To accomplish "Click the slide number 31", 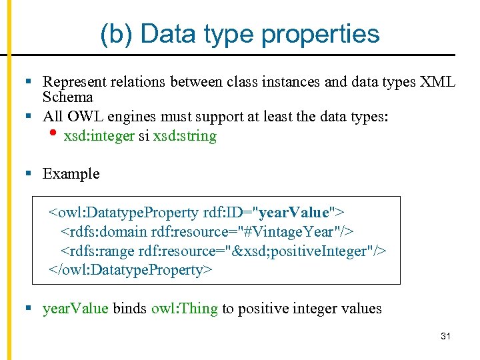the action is click(x=445, y=337).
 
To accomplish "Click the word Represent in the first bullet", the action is click(x=72, y=83).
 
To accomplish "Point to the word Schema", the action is click(x=67, y=97).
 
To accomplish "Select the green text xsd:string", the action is click(x=185, y=137).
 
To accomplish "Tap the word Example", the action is click(x=71, y=174).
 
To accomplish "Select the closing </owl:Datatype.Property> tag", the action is click(x=130, y=270).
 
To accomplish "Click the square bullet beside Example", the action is click(x=29, y=174).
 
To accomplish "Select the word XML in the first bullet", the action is click(x=438, y=83).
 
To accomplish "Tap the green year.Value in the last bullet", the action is click(x=75, y=309).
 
